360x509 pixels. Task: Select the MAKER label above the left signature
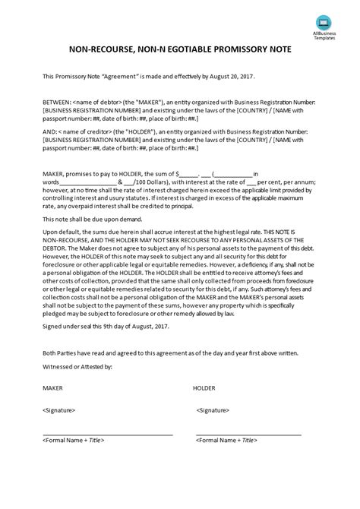52,409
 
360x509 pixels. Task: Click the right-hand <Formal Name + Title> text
226,461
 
